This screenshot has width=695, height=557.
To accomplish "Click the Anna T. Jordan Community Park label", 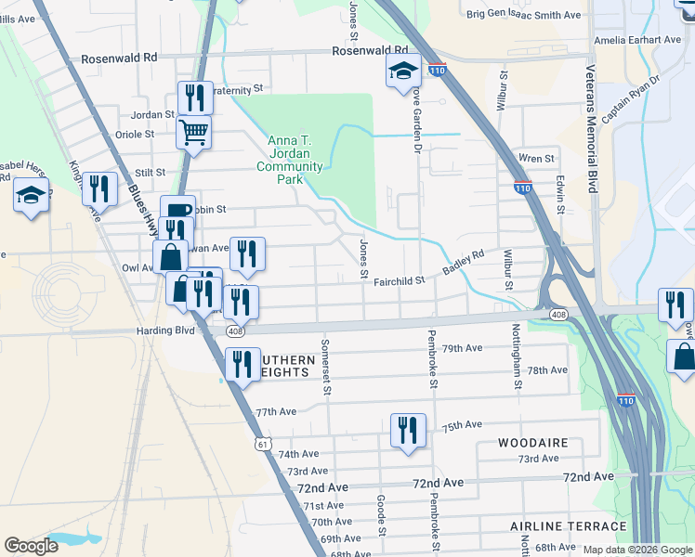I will [x=295, y=154].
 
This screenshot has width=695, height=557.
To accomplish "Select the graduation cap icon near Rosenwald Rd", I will [x=404, y=71].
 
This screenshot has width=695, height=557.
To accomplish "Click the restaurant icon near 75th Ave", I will [x=408, y=430].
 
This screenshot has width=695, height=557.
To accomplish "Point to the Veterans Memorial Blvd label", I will [x=591, y=130].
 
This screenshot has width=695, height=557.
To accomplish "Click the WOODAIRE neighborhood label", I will [x=532, y=443].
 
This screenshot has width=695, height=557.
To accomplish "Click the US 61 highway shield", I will [x=263, y=446].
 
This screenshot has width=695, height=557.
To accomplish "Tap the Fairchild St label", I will [x=399, y=280].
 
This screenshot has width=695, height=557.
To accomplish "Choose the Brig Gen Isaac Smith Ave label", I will [x=523, y=15].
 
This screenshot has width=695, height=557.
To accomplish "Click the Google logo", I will [x=32, y=546].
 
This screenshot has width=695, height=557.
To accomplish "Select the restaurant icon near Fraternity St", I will [x=195, y=97].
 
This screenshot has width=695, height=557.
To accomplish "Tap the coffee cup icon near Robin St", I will [x=177, y=210].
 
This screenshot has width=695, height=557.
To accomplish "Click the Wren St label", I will [x=536, y=159].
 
